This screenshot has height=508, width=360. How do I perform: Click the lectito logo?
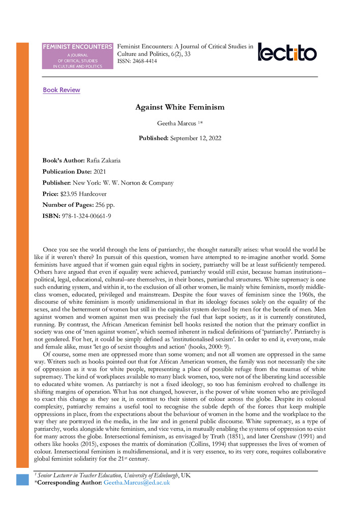click(x=287, y=52)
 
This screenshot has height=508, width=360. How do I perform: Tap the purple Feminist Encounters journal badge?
click(x=78, y=56)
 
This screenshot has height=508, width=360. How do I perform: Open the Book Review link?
click(x=62, y=90)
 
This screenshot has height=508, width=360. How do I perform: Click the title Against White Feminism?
click(x=180, y=107)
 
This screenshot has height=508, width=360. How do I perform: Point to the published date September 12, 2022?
click(x=196, y=138)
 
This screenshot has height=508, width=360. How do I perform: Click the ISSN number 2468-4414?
click(x=144, y=61)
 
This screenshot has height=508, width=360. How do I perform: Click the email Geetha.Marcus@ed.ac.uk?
click(x=136, y=483)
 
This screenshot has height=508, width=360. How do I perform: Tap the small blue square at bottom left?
click(x=23, y=480)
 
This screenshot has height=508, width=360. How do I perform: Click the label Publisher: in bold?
click(x=59, y=183)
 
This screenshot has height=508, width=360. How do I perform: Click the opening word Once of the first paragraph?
click(x=51, y=250)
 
